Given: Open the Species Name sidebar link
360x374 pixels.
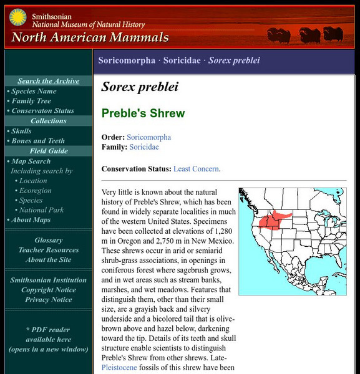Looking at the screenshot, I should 34,91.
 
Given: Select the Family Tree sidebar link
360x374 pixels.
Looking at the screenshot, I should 31,101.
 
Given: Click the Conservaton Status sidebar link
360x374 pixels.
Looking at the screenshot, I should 42,111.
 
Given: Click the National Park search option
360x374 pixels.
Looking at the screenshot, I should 41,210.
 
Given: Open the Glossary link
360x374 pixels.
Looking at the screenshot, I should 48,240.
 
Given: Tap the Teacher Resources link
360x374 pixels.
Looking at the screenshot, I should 48,250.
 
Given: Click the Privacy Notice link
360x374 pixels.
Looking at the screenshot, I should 48,300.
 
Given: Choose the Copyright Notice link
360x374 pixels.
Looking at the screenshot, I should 48,290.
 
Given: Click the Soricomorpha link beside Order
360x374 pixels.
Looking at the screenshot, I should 148,137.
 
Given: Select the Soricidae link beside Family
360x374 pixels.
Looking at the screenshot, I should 144,147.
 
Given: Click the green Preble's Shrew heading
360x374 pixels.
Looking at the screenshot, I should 143,113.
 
